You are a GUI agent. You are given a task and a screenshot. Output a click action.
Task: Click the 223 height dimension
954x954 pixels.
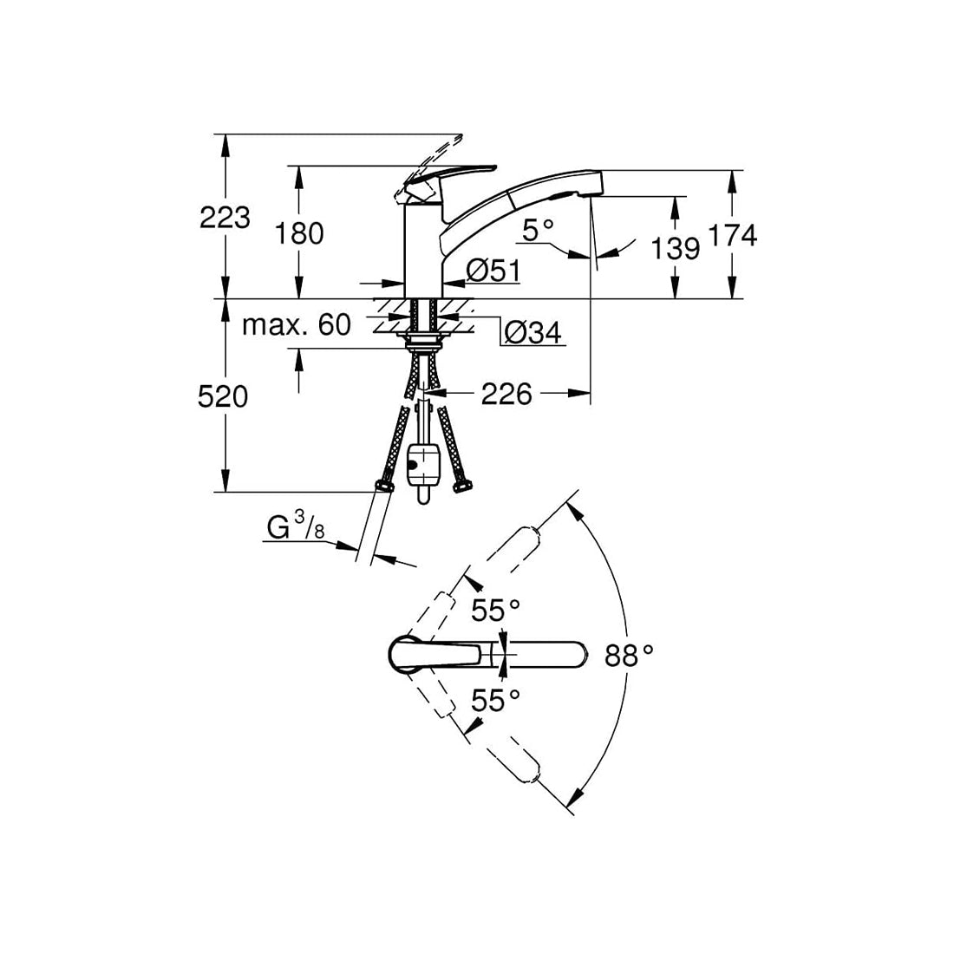(x=225, y=217)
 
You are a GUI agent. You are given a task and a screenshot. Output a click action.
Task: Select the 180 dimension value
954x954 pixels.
(x=299, y=233)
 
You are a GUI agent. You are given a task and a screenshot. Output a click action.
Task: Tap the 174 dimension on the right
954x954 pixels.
(x=733, y=235)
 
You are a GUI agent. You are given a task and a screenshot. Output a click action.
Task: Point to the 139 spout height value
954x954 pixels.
(x=676, y=249)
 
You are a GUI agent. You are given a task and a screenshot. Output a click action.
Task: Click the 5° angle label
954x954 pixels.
(x=539, y=232)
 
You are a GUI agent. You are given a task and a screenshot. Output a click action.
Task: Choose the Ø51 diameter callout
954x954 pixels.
(x=493, y=271)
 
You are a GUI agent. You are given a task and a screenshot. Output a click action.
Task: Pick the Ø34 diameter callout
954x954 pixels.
(x=533, y=332)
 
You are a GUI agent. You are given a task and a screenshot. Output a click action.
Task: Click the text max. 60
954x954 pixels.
(x=297, y=325)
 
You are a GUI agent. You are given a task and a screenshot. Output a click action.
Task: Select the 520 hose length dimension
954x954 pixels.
(x=223, y=397)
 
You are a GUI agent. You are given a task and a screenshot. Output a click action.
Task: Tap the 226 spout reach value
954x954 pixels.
(x=506, y=395)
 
